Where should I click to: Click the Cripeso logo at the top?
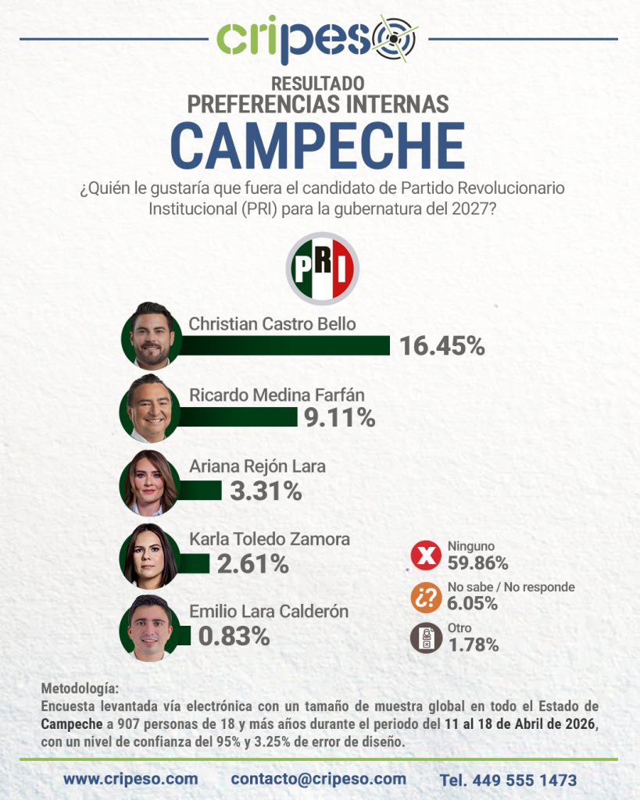tap(316, 39)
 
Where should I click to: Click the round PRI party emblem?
tap(322, 268)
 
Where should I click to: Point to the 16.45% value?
tap(442, 345)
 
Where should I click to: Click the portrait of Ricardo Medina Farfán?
tap(151, 409)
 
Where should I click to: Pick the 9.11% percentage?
tap(339, 418)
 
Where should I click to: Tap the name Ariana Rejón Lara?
tap(257, 466)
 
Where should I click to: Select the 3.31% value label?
tap(265, 491)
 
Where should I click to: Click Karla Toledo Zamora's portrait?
tap(149, 555)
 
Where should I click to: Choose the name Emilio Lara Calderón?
tap(269, 612)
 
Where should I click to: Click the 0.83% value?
tap(234, 636)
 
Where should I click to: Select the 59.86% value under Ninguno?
tap(477, 562)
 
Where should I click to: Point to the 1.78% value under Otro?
tap(473, 645)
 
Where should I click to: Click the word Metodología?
tap(80, 689)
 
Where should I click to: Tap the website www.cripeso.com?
tap(131, 779)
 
